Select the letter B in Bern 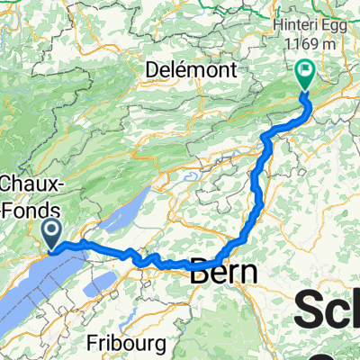click(x=199, y=273)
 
